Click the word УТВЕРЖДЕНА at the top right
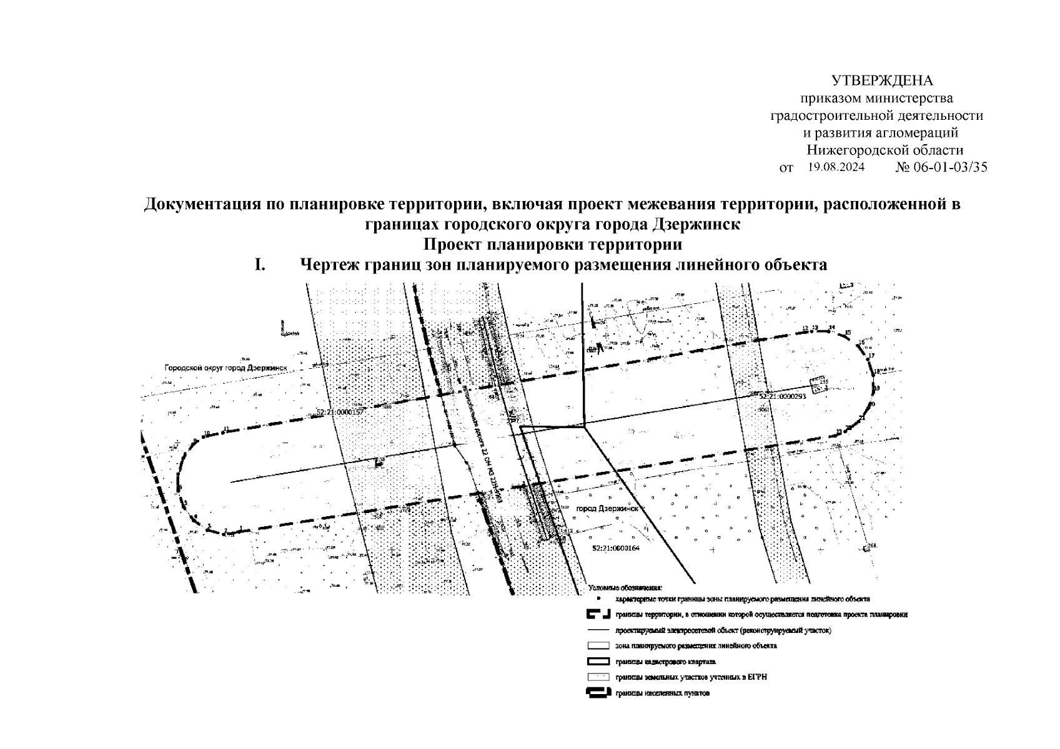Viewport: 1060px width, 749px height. coord(881,81)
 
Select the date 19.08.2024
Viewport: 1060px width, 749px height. coord(836,167)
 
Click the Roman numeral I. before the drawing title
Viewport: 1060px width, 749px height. coord(260,265)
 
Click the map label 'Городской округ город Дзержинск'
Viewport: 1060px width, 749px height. coord(225,368)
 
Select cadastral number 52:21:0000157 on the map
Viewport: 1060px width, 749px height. coord(340,413)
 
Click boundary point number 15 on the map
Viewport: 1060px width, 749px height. coord(848,333)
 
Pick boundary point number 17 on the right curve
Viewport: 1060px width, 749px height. coord(872,356)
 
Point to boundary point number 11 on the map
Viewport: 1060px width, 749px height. coord(226,429)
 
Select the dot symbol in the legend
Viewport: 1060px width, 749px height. coord(598,599)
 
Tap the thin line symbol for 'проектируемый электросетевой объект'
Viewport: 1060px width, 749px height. coord(598,630)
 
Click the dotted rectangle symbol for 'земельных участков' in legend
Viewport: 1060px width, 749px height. coord(598,677)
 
